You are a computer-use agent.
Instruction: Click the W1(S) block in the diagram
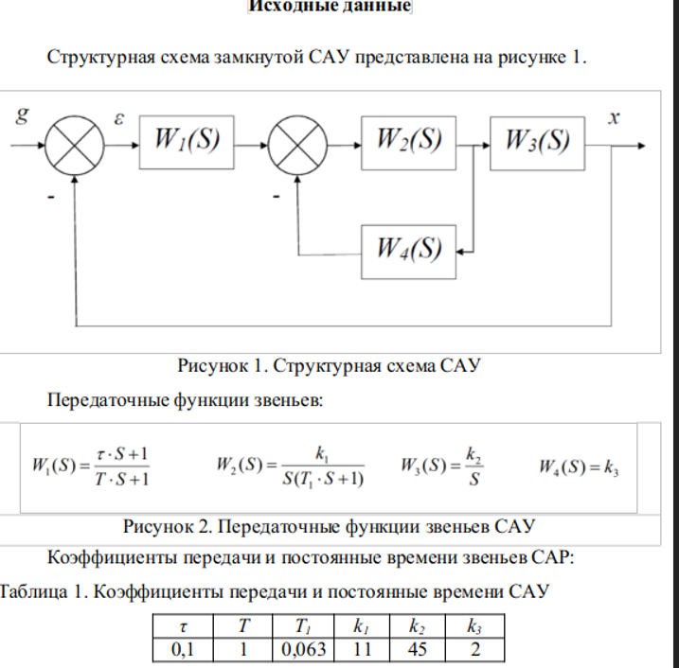[x=187, y=143]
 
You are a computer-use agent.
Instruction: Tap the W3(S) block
[x=537, y=142]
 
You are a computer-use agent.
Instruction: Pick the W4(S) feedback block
[x=408, y=251]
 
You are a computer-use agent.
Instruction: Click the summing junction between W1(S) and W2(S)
[x=296, y=146]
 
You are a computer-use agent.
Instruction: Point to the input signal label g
[x=22, y=116]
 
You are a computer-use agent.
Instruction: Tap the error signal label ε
[x=119, y=119]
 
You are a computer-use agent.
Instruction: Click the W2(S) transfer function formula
[x=291, y=466]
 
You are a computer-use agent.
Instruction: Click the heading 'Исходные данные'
[x=329, y=7]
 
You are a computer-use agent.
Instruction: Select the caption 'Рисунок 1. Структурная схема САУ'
[x=329, y=365]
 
